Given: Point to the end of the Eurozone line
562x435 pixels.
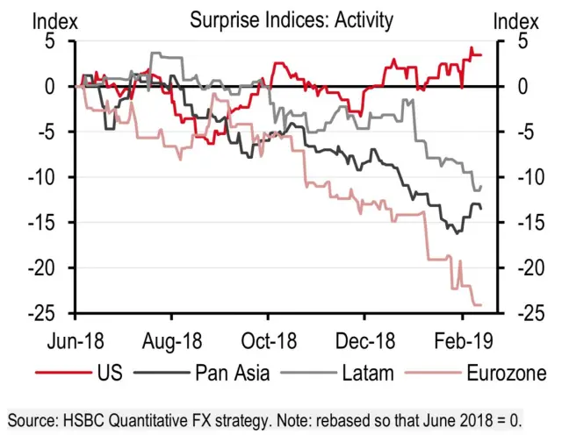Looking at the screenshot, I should pos(481,304).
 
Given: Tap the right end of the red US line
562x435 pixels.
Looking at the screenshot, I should pos(480,54).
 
